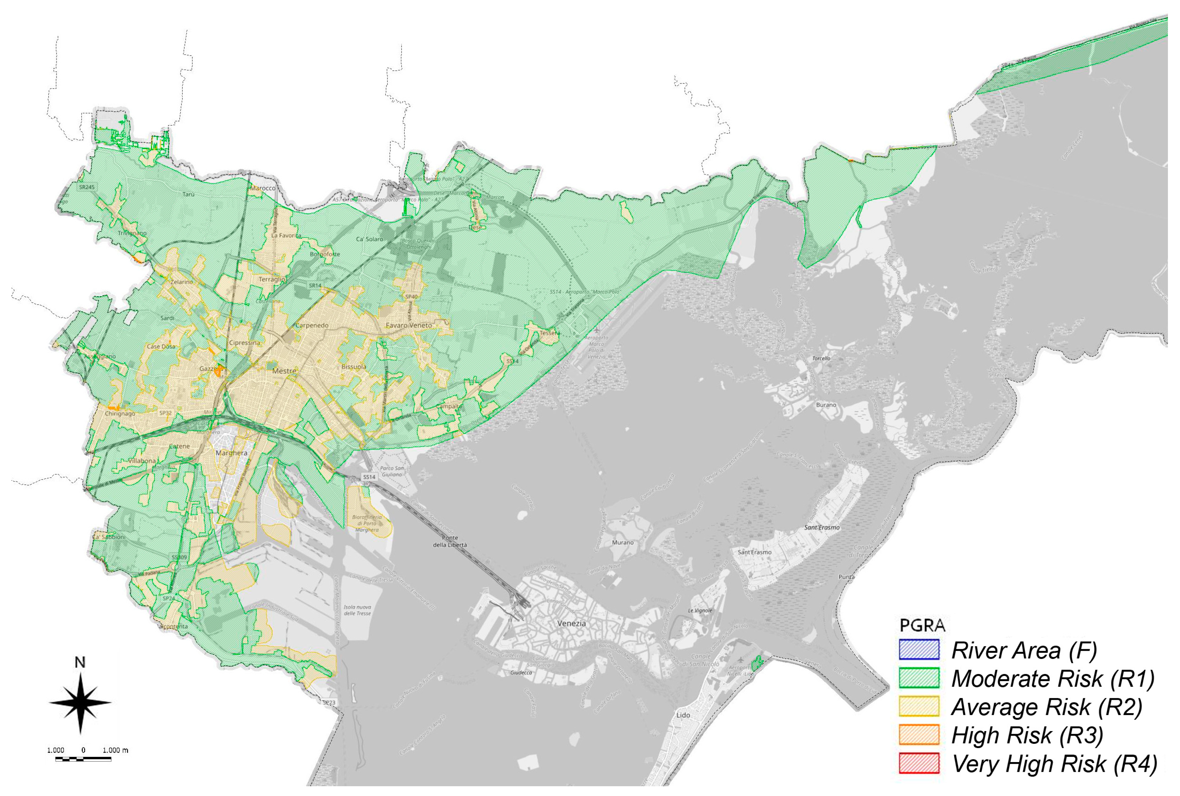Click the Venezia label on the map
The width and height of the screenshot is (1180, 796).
pos(571,623)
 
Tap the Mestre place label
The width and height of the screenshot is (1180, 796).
pos(284,371)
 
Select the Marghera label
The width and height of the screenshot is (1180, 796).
pos(232,453)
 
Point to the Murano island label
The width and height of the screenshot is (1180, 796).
pos(622,542)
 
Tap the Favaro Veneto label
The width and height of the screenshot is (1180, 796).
pos(409,325)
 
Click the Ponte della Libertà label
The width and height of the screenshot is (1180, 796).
pos(449,541)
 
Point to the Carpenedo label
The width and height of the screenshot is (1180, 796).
pos(311,325)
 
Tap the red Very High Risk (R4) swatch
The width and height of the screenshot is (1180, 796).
pos(919,763)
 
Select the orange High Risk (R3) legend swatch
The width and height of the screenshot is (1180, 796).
pos(919,735)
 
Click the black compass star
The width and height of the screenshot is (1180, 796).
pos(80,703)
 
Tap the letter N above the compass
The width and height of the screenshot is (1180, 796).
pos(80,663)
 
